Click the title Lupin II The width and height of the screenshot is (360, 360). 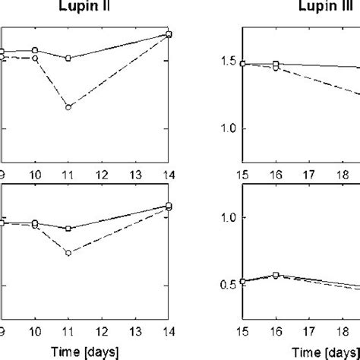[84, 8]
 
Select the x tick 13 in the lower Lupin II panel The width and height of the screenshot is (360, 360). [135, 332]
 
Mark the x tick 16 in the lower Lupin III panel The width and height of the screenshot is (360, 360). [276, 332]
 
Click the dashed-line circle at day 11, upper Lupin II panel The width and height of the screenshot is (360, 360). [68, 108]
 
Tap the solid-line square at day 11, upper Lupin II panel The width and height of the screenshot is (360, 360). [68, 58]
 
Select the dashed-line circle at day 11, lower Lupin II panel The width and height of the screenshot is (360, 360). [68, 253]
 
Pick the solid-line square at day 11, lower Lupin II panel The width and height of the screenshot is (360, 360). [68, 228]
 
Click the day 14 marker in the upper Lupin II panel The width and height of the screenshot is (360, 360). [169, 34]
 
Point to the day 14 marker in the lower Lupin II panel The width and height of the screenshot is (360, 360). [169, 207]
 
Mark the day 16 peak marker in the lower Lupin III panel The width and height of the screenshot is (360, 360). [276, 275]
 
